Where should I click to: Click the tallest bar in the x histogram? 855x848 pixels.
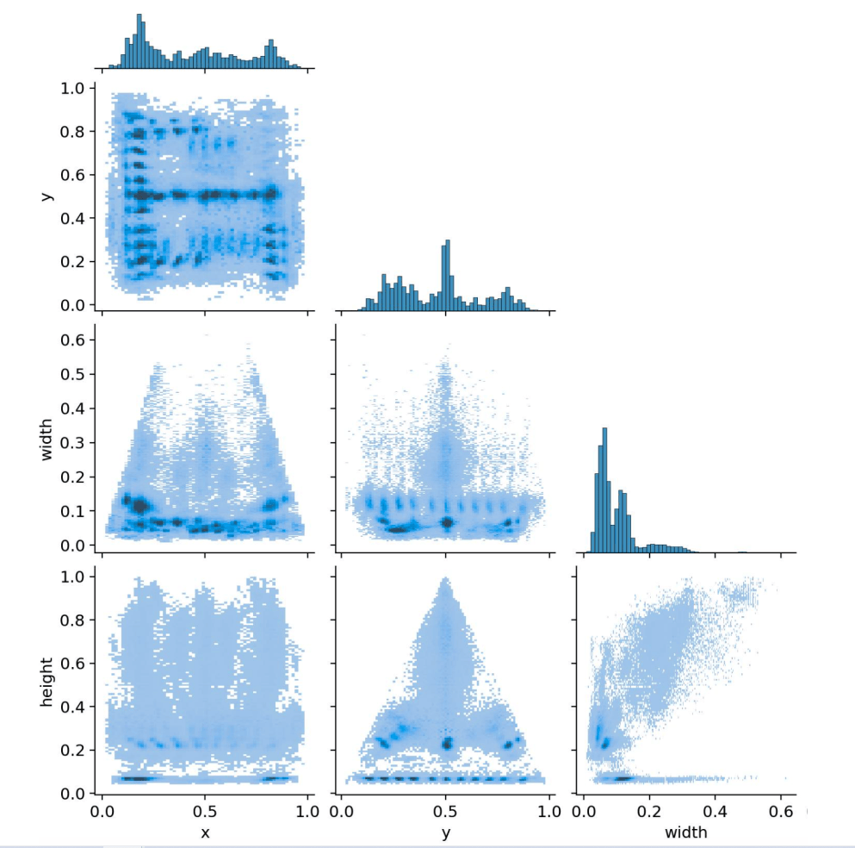(139, 41)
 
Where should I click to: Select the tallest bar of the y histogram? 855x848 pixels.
(446, 276)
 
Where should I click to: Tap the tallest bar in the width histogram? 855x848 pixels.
(604, 490)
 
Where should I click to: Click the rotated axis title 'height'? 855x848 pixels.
(47, 683)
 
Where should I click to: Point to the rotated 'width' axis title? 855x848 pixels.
(47, 440)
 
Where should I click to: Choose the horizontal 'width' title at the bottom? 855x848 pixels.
(686, 832)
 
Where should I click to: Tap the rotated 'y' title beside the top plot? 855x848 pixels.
(47, 196)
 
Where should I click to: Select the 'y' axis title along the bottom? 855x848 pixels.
(444, 832)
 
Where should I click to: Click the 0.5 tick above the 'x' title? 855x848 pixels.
(205, 811)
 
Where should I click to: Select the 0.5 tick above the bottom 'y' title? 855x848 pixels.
(445, 811)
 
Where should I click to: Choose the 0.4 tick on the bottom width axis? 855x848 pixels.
(714, 811)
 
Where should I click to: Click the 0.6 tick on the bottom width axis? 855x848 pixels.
(779, 811)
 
